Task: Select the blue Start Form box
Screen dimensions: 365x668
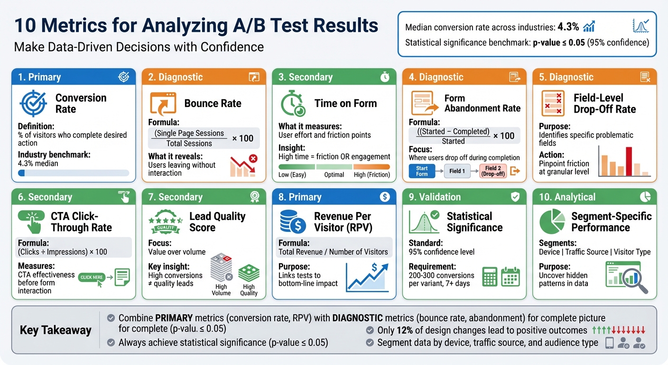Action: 422,171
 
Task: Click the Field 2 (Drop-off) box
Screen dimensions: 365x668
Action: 492,171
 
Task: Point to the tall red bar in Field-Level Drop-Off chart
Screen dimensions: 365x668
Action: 629,162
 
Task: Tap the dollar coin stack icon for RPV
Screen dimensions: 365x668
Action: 293,222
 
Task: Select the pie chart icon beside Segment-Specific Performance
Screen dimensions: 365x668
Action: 553,222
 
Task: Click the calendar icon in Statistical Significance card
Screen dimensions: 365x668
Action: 510,277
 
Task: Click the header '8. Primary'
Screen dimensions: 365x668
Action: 300,197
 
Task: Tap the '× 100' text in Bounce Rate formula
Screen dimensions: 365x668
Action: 242,138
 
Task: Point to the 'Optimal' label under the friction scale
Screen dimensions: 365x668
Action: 334,174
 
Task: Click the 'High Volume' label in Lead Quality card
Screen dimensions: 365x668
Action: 221,290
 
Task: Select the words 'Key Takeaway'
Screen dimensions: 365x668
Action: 56,330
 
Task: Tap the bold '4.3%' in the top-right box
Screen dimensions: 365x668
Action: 568,27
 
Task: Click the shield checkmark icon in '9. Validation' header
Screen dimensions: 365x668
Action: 515,197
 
